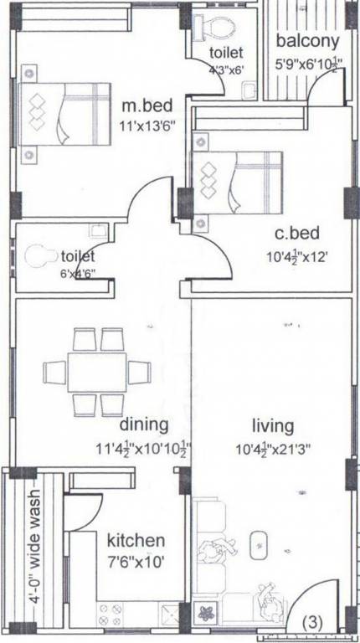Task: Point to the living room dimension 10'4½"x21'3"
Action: [x=274, y=449]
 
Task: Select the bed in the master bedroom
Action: [x=67, y=113]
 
